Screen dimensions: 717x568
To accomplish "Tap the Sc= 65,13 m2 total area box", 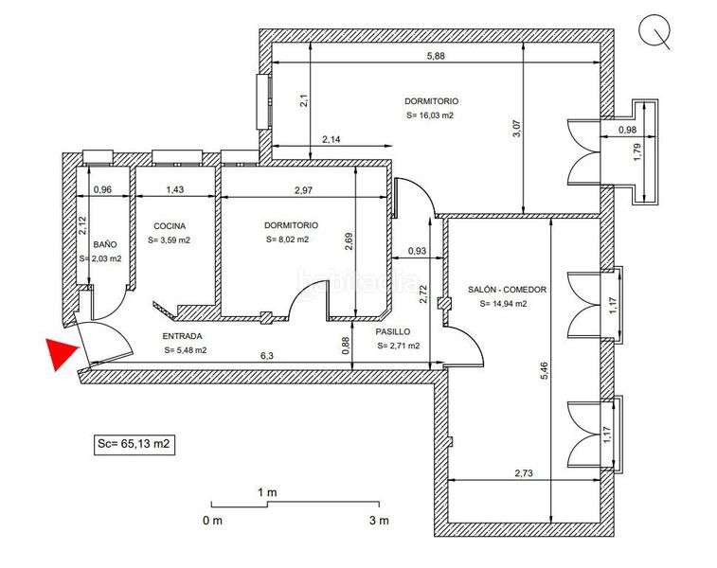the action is point(134,444).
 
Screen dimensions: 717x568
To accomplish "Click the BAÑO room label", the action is point(105,244).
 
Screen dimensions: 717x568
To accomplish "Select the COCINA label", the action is point(170,226).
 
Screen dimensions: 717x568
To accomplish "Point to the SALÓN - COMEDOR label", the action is point(507,290).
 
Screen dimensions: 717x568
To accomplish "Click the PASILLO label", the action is point(393,331).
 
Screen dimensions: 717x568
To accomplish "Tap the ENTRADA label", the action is point(183,336).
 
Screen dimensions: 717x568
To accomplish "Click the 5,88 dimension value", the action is point(436,56).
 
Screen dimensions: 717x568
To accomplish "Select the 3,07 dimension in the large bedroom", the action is point(517,129).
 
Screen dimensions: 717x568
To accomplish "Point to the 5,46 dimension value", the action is point(545,371).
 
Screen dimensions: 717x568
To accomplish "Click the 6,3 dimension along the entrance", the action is point(266,356).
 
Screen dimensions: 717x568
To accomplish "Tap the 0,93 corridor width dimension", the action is point(417,251).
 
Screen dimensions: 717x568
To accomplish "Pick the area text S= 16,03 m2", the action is point(430,115).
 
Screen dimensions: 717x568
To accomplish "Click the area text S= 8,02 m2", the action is point(287,240).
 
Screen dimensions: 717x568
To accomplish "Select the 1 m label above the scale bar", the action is point(267,492).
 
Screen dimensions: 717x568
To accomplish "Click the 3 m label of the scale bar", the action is point(379,520).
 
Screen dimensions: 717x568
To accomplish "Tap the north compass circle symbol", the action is point(654,29).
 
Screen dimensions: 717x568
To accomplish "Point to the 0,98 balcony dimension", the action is point(627,130).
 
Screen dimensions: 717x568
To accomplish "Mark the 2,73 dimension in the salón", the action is point(524,473).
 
